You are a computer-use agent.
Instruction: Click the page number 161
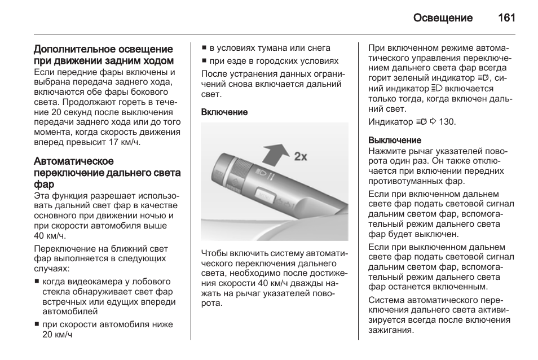pos(506,17)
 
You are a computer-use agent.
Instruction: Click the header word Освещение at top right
pos(443,17)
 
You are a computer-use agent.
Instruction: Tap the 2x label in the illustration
pos(301,156)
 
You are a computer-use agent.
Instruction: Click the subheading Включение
pos(224,112)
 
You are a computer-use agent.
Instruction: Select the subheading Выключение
pos(395,140)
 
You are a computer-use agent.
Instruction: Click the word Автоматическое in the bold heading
pos(74,161)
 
